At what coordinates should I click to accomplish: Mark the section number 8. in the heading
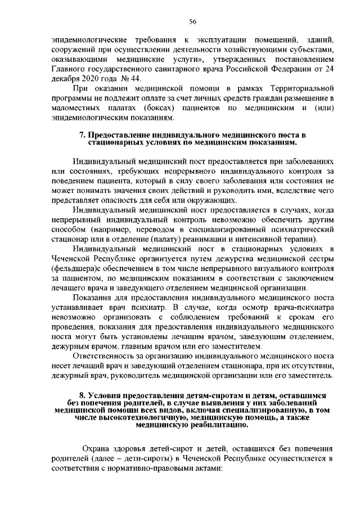tap(80, 395)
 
